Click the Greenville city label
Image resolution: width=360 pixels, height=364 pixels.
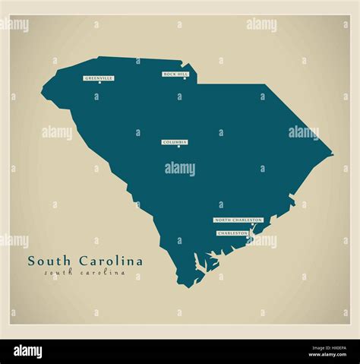tap(99, 78)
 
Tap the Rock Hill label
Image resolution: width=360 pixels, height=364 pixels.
tap(175, 74)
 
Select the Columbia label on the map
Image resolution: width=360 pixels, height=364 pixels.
tap(175, 142)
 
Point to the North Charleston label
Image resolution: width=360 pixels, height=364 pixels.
tap(238, 220)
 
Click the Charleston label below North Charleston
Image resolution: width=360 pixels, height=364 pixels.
tap(232, 233)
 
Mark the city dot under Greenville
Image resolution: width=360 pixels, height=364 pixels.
tap(99, 83)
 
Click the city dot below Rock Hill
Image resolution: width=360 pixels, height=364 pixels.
tap(184, 79)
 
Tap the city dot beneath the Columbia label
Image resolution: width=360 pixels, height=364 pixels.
tap(178, 147)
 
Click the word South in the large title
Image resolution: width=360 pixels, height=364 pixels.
tap(47, 261)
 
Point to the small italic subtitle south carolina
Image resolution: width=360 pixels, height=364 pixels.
tap(84, 273)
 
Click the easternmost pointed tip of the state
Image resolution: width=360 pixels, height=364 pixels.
tap(333, 156)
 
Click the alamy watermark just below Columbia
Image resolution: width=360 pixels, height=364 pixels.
tap(180, 169)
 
